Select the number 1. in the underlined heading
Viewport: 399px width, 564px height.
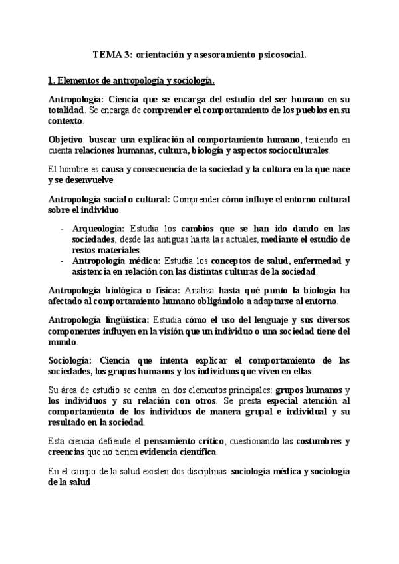click(52, 82)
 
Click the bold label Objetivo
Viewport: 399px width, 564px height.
click(65, 140)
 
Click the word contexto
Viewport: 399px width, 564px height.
click(65, 122)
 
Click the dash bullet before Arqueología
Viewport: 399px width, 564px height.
click(63, 228)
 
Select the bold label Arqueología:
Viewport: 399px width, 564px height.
click(100, 228)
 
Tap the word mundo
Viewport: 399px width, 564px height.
click(62, 343)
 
